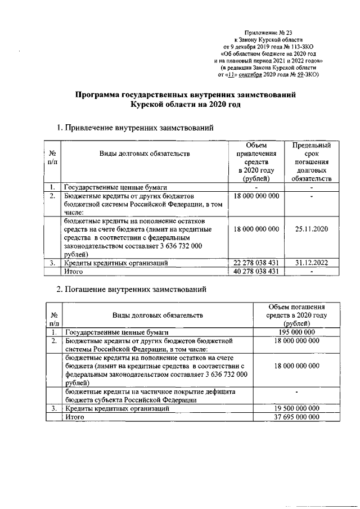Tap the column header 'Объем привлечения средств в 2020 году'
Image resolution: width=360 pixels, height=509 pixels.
point(256,162)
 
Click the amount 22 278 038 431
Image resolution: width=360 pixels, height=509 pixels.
point(256,263)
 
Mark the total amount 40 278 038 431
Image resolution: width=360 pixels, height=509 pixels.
point(256,272)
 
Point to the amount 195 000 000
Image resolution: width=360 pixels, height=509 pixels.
point(296,332)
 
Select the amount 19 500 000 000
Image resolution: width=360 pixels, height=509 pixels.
point(296,408)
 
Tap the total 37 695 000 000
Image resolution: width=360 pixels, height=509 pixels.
point(296,417)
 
